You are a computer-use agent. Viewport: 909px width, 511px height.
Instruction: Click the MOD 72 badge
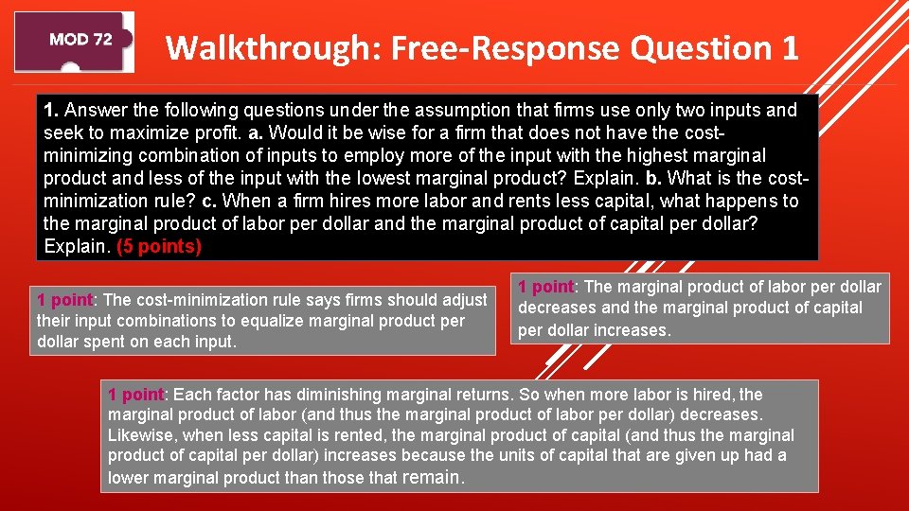[80, 40]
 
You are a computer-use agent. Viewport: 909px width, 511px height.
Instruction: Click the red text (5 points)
[159, 247]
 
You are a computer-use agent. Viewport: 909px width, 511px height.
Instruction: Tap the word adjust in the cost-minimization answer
[463, 300]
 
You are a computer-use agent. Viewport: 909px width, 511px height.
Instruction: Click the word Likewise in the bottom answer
[142, 435]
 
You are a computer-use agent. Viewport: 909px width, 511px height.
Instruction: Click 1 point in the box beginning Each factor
[136, 395]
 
